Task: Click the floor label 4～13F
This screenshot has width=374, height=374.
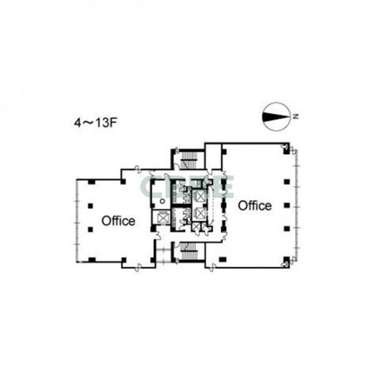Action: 96,123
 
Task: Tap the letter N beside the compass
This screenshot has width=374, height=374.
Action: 296,117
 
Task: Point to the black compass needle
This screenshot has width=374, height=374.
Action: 274,117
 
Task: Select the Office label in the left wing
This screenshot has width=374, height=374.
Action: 118,221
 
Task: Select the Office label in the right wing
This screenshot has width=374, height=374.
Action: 255,206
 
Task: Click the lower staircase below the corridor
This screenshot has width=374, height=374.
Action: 188,252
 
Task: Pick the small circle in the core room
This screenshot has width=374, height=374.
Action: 162,201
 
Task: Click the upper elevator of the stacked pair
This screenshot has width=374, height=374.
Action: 200,196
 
